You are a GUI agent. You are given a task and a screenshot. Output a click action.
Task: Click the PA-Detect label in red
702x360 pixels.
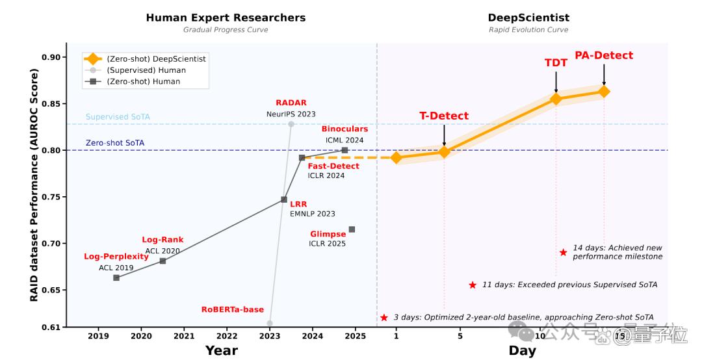tap(604, 55)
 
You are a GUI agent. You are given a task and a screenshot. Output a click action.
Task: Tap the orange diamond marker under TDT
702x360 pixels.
tap(556, 99)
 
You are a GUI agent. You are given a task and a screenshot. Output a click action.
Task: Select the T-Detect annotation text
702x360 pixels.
tap(444, 116)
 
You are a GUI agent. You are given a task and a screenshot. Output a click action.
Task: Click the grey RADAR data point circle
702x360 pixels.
tap(291, 124)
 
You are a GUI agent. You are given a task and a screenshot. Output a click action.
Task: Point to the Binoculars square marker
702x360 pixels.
tap(344, 151)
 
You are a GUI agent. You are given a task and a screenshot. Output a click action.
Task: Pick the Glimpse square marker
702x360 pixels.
tap(352, 229)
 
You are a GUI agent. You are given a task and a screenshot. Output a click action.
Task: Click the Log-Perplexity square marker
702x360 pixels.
tap(116, 278)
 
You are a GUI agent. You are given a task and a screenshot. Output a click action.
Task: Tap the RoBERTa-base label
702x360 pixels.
tap(232, 309)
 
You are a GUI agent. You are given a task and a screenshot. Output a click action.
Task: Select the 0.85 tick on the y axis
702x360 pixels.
tap(51, 104)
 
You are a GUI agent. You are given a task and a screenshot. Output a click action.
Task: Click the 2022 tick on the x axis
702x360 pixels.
tap(227, 336)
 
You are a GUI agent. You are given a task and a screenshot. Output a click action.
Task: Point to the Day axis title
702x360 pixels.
tap(522, 351)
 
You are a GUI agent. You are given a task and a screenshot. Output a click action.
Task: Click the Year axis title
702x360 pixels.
tap(221, 351)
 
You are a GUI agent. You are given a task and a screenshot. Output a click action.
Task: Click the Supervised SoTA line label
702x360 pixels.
tap(118, 117)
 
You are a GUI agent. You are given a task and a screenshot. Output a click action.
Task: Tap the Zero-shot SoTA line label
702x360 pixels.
tap(115, 143)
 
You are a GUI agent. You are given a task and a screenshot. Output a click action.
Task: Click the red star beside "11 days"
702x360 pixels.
tap(473, 285)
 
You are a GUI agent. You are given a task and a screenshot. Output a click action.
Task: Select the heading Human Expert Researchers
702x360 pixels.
tap(226, 18)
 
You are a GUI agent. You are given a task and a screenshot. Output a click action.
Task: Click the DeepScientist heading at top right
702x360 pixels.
tap(528, 18)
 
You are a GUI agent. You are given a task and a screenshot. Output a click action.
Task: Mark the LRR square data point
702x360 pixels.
tap(284, 199)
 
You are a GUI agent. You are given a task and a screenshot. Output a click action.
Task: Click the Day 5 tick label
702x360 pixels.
tap(460, 336)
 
